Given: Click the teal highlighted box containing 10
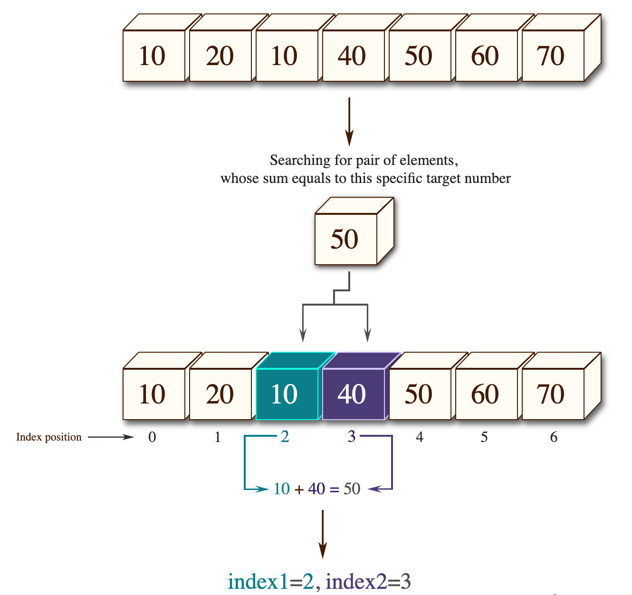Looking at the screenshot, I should pyautogui.click(x=286, y=394).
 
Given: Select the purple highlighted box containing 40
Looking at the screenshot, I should pyautogui.click(x=353, y=394).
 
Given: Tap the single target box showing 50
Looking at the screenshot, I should pyautogui.click(x=345, y=239).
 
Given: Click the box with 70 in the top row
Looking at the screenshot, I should pyautogui.click(x=552, y=56).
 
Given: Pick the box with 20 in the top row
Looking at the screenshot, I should pyautogui.click(x=220, y=56).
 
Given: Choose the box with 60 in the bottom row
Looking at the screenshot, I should pyautogui.click(x=486, y=394).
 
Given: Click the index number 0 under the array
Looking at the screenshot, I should pyautogui.click(x=152, y=437).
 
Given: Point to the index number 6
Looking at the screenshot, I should pyautogui.click(x=554, y=437).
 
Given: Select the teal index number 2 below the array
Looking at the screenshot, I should pyautogui.click(x=285, y=436).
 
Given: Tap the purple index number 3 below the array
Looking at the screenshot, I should pyautogui.click(x=352, y=436).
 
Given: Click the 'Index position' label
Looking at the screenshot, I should pyautogui.click(x=49, y=437).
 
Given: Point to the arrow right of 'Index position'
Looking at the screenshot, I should pyautogui.click(x=111, y=437).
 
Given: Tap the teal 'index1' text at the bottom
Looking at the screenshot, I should pyautogui.click(x=258, y=581).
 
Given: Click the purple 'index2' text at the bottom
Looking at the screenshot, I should pyautogui.click(x=356, y=581).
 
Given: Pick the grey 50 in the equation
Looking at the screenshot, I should pyautogui.click(x=352, y=489).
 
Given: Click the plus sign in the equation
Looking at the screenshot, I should pyautogui.click(x=299, y=489).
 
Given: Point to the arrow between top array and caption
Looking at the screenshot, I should pyautogui.click(x=349, y=122).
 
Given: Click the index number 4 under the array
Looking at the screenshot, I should pyautogui.click(x=420, y=437).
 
